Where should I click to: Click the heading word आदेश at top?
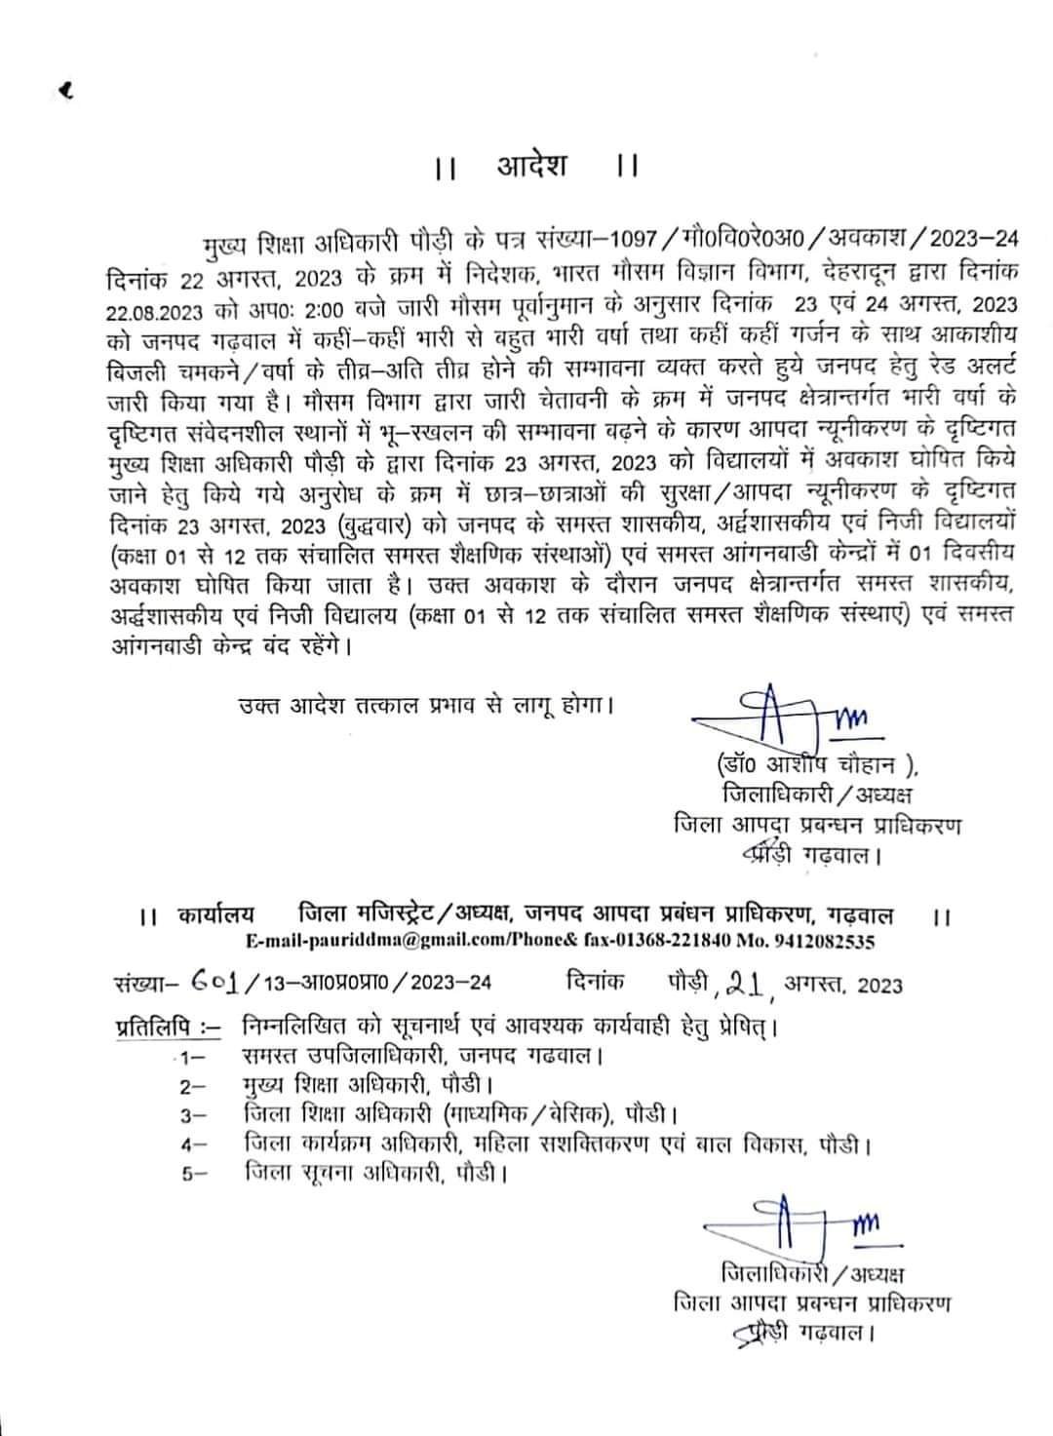[x=531, y=167]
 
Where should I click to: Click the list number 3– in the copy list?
[x=193, y=1113]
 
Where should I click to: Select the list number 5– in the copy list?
[x=193, y=1174]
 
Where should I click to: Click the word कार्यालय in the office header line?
[x=216, y=915]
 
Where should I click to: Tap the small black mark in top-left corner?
[x=66, y=92]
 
